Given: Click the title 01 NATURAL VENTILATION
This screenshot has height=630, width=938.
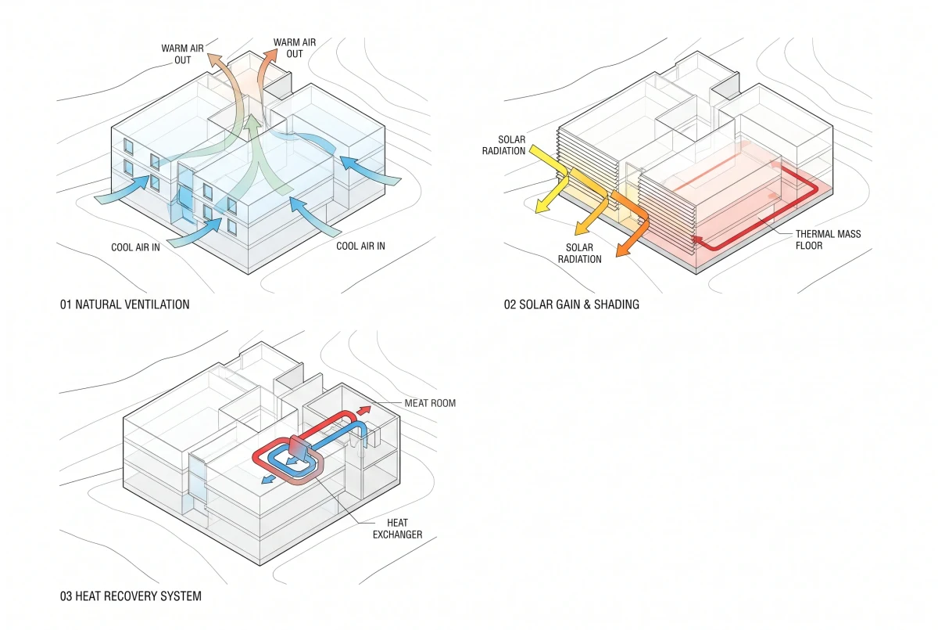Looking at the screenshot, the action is [125, 304].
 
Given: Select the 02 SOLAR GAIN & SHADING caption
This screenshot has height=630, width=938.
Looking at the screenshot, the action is [571, 304].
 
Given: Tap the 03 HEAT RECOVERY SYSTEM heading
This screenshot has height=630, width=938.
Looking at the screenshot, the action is [131, 596].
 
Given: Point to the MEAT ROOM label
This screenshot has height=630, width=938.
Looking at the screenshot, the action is [430, 403].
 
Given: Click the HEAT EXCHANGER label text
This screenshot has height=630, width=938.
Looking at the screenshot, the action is [397, 529].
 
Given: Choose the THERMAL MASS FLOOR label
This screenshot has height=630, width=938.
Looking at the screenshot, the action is [829, 239].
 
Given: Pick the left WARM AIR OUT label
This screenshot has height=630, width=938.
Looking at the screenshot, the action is [183, 54].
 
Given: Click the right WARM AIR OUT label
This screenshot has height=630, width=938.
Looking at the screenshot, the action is [295, 49].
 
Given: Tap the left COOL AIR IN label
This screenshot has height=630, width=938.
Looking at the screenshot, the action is [135, 247].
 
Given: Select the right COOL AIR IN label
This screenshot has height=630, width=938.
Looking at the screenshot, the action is [360, 246].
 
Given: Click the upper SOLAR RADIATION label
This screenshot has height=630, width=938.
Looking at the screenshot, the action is [503, 145].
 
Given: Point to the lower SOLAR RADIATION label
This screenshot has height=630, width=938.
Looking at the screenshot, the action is [579, 253].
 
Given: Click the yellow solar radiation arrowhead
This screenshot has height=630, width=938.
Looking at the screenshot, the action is [542, 207].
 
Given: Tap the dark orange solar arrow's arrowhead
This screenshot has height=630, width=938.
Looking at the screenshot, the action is [623, 250].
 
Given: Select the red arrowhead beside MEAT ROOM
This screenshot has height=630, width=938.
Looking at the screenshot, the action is [365, 410].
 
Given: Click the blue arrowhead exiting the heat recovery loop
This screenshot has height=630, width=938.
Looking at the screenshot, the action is [267, 479].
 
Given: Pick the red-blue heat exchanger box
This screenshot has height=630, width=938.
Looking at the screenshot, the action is [299, 447].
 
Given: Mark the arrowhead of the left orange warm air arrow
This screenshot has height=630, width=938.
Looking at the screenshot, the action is [215, 60].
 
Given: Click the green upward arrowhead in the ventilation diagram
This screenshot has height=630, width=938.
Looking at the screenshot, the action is [253, 121].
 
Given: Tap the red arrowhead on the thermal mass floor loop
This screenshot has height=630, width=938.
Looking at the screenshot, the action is [696, 239].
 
